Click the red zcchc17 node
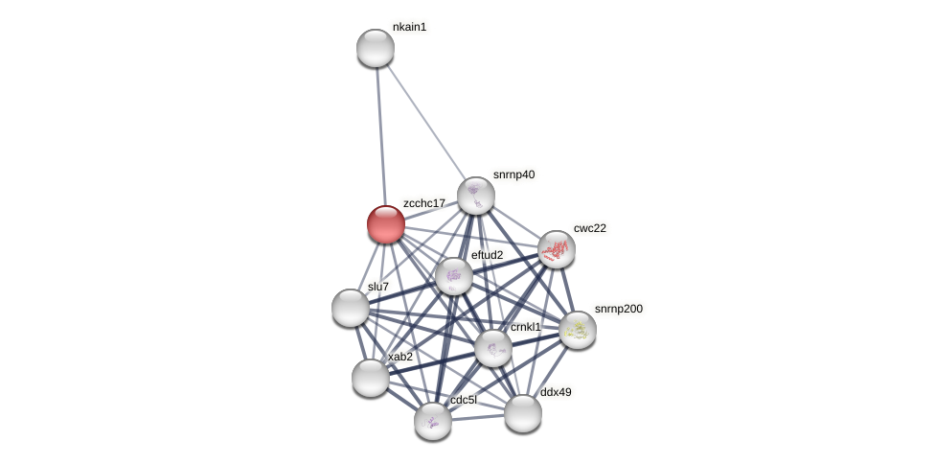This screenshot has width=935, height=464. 386,224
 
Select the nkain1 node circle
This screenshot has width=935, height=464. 376,48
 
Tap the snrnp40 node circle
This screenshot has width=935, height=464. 475,196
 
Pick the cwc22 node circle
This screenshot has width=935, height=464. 556,249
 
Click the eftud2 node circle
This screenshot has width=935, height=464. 454,276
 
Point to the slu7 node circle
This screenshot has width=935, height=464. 351,308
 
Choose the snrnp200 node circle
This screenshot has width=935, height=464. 578,330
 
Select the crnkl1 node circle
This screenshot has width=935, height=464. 493,348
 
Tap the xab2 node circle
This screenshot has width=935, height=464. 371,378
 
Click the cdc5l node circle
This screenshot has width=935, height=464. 433,420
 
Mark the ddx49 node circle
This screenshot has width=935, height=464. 523,413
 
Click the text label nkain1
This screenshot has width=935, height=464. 409,27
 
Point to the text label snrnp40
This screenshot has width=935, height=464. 513,174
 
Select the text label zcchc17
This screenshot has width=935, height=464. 424,203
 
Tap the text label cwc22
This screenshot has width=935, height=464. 590,228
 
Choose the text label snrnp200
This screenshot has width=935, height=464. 619,309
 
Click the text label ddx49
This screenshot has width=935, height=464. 556,392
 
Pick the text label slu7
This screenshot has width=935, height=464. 378,287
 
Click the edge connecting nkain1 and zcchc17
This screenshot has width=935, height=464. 380,134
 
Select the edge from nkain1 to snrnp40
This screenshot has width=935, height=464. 425,122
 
